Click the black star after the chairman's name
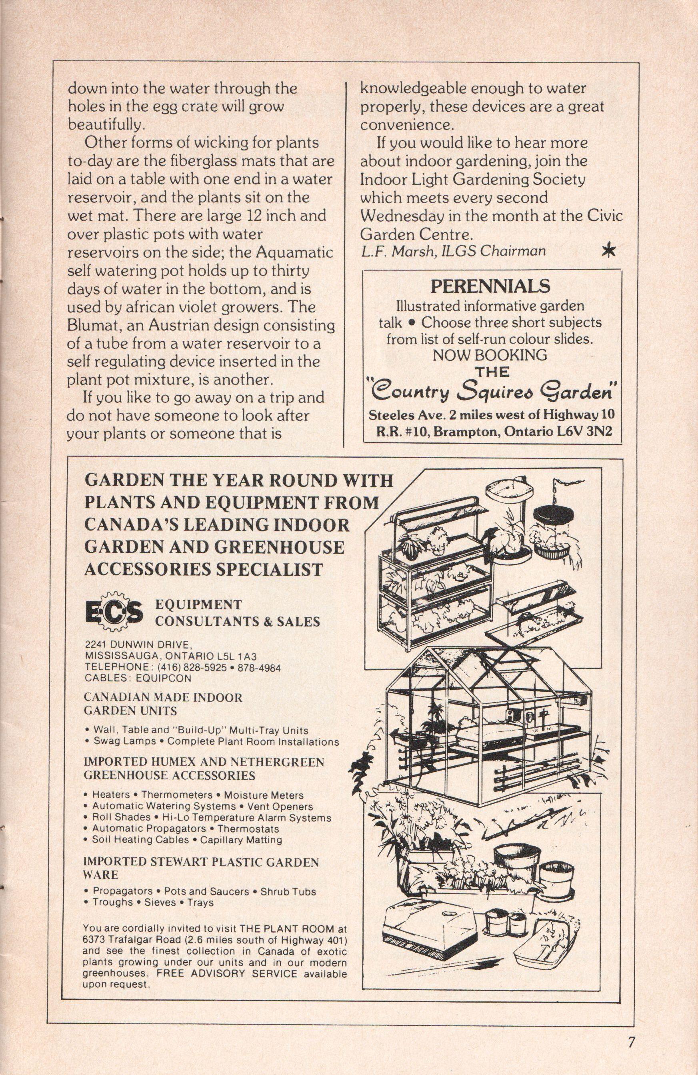coord(609,252)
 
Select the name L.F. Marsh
coord(390,251)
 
